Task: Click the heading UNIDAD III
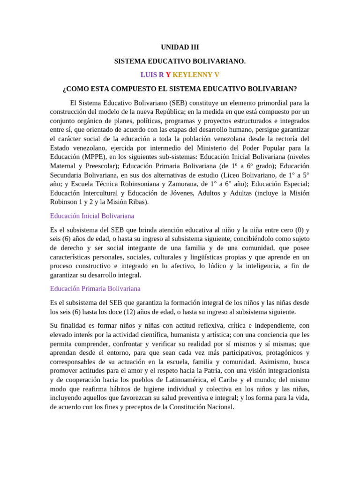180,47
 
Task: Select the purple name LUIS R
152,75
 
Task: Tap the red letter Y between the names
168,75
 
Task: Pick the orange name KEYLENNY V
196,75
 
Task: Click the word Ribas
138,202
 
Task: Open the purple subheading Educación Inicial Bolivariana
92,216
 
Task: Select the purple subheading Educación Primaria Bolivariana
95,289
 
